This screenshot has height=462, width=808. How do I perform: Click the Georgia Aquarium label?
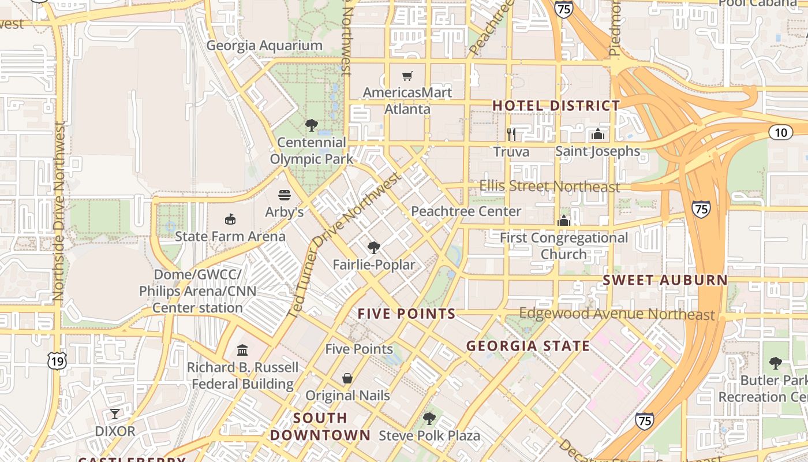264,46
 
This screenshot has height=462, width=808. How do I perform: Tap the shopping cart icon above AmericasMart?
407,76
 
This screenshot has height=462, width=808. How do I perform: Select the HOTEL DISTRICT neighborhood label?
556,106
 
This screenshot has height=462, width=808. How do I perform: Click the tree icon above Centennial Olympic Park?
312,125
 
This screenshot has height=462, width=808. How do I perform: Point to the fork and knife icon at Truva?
511,135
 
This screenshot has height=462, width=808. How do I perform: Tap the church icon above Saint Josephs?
598,135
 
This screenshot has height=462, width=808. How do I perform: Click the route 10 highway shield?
781,132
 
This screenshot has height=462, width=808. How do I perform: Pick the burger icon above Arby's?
284,195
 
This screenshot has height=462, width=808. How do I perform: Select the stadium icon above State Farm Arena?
230,219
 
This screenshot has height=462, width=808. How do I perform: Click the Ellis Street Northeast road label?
550,187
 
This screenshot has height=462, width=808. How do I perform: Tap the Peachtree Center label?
466,211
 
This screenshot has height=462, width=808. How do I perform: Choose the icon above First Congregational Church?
564,221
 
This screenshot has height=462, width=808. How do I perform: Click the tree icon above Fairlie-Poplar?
374,248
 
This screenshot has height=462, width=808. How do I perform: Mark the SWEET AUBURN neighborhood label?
665,280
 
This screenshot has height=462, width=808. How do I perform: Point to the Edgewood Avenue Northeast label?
616,314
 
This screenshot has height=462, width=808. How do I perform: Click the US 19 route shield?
57,361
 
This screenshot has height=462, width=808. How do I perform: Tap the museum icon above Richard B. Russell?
242,350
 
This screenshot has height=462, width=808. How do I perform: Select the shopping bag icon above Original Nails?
347,378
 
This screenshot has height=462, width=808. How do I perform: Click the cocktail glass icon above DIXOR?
115,413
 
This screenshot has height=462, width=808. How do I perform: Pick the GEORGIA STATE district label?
528,346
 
